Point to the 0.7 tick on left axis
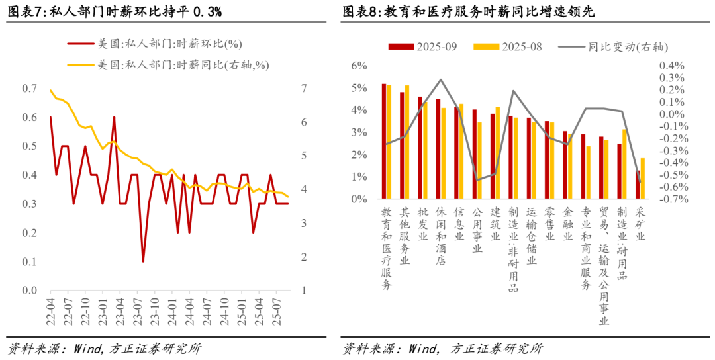(30, 89)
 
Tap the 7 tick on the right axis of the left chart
(304, 89)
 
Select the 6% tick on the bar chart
(359, 66)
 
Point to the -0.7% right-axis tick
(670, 199)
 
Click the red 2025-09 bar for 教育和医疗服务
(384, 141)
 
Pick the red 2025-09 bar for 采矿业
(638, 185)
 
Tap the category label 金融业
(566, 224)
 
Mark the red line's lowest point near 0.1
(143, 261)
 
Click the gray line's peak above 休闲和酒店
(440, 79)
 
